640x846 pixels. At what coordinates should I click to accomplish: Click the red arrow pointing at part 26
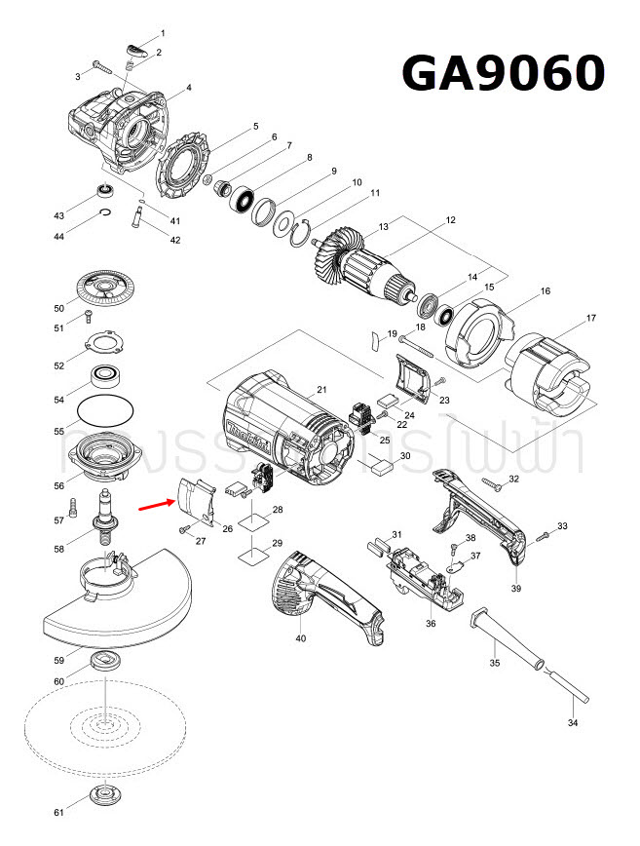[x=155, y=506]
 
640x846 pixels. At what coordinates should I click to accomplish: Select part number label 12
[x=450, y=221]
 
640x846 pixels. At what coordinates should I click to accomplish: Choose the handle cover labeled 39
[x=483, y=517]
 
